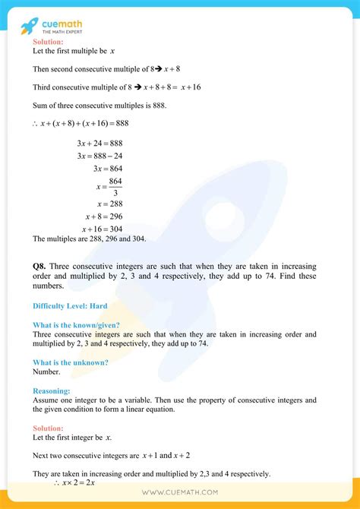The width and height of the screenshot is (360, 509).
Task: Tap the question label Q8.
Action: point(41,267)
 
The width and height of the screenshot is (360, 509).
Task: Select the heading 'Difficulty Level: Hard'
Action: point(70,306)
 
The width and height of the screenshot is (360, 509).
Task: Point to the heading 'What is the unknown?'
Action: point(71,362)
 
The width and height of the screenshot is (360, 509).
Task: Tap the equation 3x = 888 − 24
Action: point(105,156)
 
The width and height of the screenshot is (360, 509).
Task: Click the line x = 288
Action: point(109,204)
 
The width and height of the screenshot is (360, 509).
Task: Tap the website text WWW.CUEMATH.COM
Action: point(180,492)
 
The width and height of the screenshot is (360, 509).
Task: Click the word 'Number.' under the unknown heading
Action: point(46,371)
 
